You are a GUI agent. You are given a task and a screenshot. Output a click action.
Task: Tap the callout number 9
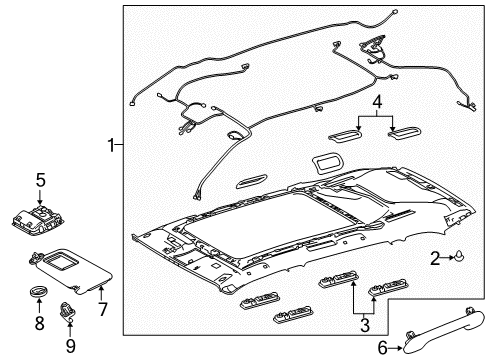(x=70, y=346)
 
